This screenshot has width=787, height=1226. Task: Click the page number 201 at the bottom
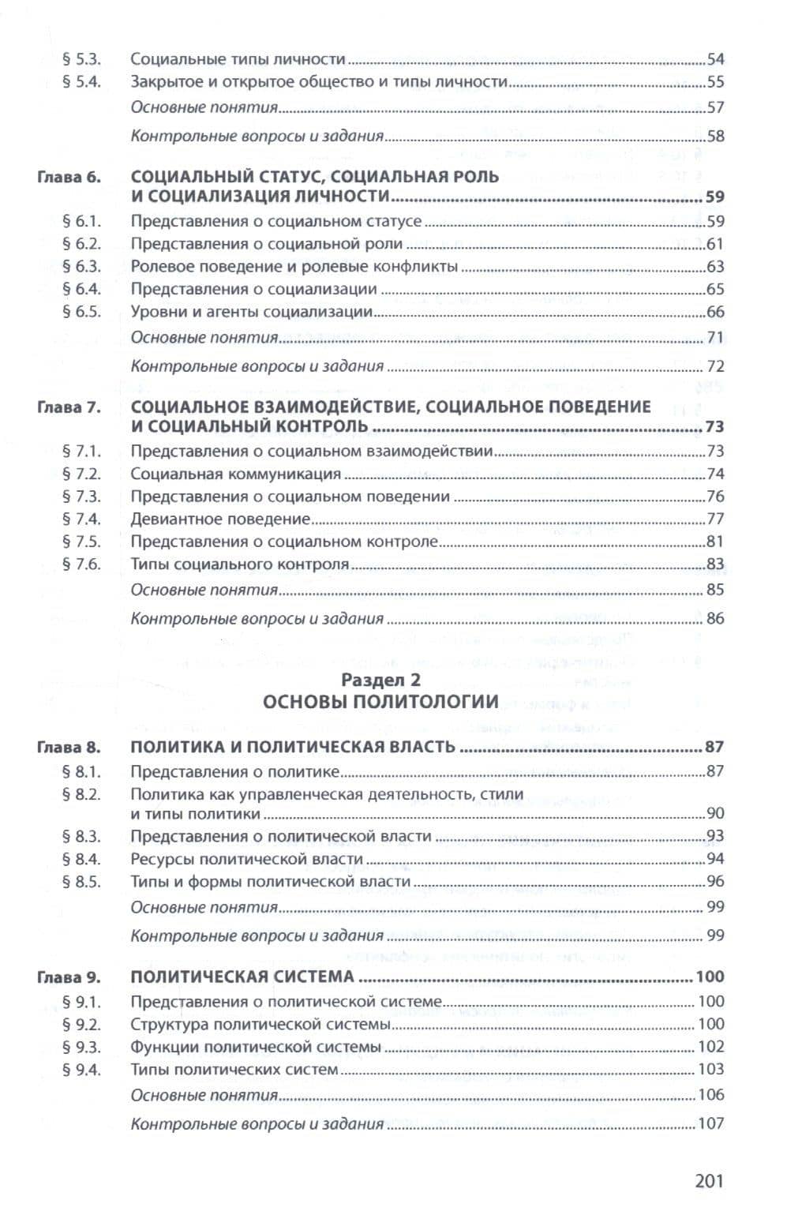(709, 1181)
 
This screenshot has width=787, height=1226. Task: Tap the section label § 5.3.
(83, 59)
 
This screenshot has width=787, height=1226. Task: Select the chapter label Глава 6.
(69, 177)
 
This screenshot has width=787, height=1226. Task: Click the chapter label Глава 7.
(69, 407)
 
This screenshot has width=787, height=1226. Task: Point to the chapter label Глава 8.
(69, 747)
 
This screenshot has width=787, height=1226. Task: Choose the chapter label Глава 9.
(69, 977)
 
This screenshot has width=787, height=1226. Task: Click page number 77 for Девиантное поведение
(715, 519)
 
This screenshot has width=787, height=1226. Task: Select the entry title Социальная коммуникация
(235, 474)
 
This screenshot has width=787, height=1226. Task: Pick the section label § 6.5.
(83, 312)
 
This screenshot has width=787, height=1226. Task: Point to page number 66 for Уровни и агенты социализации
(715, 312)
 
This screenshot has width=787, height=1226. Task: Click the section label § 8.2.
(83, 794)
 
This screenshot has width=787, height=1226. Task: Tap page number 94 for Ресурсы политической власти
(715, 859)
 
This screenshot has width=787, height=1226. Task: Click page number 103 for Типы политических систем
(710, 1070)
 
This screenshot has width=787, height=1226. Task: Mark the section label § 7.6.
(83, 564)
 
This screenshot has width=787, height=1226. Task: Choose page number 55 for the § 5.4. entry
(715, 82)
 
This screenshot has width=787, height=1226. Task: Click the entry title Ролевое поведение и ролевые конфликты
(294, 267)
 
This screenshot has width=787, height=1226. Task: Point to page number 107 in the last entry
(710, 1123)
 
